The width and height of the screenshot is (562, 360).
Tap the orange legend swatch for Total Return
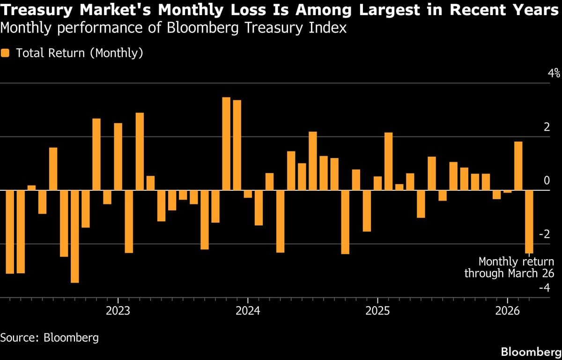pos(6,53)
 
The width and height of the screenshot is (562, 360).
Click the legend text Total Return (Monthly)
pos(79,53)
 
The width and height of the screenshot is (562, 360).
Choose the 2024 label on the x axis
pos(248,311)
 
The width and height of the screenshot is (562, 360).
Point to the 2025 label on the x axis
pos(377,311)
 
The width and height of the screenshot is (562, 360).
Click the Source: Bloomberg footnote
pos(49,337)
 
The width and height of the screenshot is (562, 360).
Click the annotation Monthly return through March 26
pos(509,268)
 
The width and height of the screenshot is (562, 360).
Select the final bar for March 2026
pos(529,221)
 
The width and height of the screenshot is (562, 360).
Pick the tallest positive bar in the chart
pos(226,143)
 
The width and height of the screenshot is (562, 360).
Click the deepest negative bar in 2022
pos(75,236)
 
